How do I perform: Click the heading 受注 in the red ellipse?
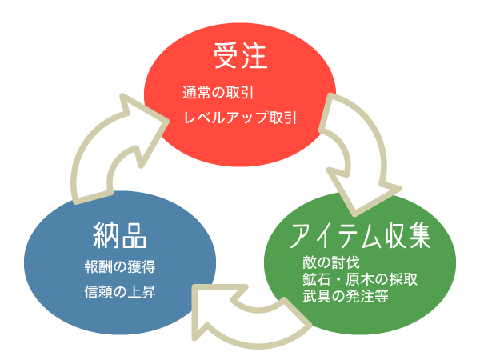[240, 56]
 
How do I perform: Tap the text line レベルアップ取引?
[240, 117]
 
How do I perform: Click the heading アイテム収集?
[361, 236]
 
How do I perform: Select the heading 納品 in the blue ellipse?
[119, 236]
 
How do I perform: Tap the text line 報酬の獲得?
[119, 266]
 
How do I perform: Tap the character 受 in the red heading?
[227, 56]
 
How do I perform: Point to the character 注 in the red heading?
[254, 56]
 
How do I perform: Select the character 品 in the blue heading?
[134, 236]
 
